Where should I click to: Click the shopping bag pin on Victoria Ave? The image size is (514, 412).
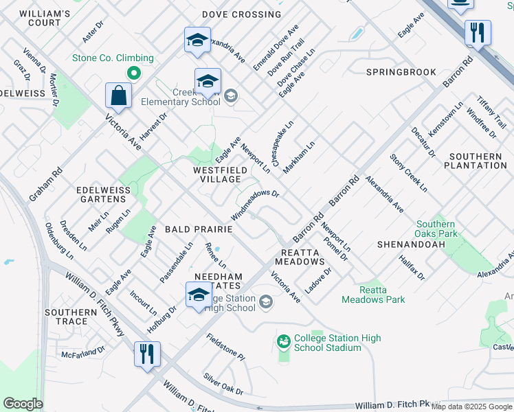[119, 97]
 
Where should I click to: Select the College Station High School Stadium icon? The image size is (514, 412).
[284, 341]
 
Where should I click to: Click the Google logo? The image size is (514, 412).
[23, 403]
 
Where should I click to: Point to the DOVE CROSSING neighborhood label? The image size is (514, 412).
[241, 14]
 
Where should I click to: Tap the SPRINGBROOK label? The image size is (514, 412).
[401, 72]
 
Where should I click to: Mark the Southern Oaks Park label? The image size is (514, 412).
[436, 229]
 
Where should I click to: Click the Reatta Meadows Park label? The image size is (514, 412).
[373, 295]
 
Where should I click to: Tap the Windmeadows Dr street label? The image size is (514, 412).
[254, 203]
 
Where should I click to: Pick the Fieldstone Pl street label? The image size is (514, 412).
[225, 347]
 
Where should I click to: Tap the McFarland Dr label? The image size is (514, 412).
[82, 352]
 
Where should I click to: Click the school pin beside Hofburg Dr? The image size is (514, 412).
[199, 295]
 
